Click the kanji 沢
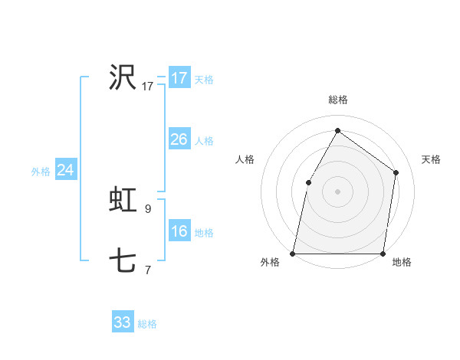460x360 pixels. point(123,77)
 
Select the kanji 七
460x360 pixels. point(123,261)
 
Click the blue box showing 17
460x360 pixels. point(179,78)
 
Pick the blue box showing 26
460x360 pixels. point(179,139)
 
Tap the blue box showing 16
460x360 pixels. point(179,231)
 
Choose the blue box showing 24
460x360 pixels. point(66,170)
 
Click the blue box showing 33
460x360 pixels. point(123,322)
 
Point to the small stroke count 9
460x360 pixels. point(148,208)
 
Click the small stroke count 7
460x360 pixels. point(148,270)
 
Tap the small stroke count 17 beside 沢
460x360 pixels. point(148,87)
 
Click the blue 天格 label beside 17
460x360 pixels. point(204,80)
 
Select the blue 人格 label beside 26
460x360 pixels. point(204,141)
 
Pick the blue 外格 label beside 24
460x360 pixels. point(41,172)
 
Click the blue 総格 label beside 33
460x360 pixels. point(147,324)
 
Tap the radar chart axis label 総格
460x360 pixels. point(337,100)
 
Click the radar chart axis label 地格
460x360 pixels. point(402,263)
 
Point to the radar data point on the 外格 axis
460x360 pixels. point(293,253)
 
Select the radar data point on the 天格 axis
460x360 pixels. point(396,172)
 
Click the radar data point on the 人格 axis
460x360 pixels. point(308,182)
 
